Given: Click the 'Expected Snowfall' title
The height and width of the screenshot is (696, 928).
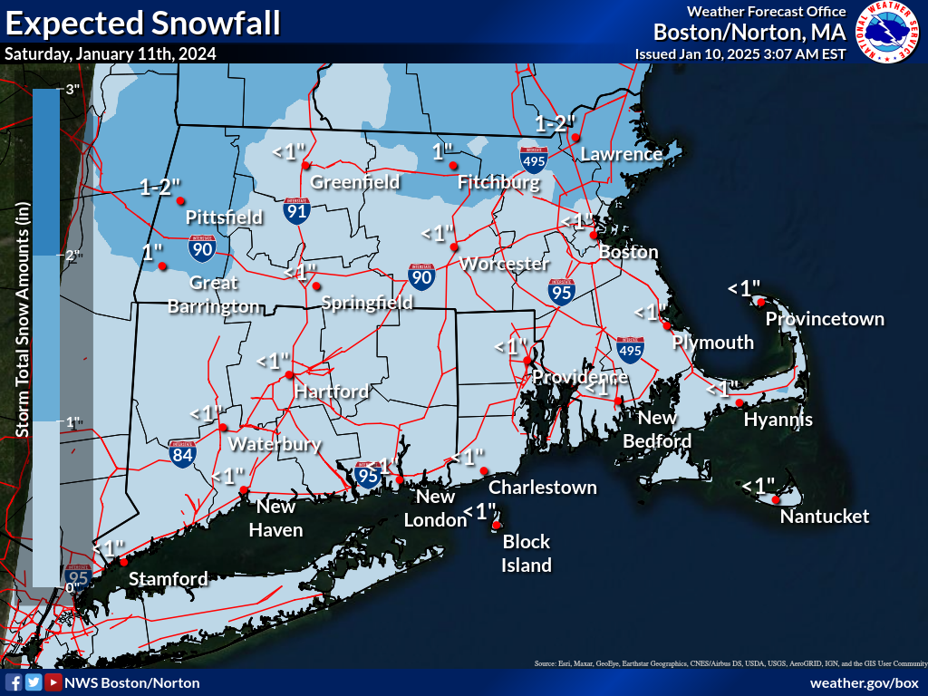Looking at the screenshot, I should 142,23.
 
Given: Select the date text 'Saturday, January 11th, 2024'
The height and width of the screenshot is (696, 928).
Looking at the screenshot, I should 111,53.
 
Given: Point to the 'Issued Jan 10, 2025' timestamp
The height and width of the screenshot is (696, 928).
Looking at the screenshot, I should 740,53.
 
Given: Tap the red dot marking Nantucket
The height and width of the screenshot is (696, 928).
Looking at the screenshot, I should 777,499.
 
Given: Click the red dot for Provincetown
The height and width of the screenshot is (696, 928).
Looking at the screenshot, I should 762,302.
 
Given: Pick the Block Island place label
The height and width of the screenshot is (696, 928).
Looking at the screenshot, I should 527,553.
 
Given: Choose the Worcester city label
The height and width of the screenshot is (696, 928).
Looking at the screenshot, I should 505,264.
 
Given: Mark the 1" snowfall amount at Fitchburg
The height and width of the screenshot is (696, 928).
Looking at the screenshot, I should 441,150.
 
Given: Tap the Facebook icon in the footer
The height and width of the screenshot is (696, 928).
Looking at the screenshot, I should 14,682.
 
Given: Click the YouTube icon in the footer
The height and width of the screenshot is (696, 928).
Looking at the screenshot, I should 53,682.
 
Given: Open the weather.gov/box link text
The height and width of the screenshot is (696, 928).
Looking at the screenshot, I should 864,682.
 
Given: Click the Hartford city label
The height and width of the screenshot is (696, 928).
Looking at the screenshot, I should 331,391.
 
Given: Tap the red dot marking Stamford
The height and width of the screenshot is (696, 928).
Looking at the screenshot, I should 124,562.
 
